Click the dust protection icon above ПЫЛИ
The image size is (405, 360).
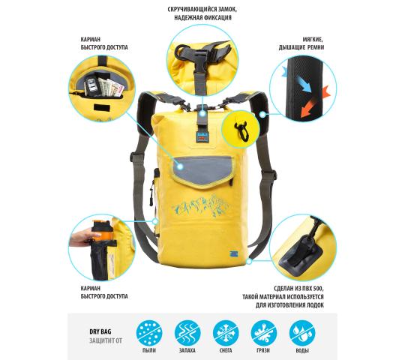(149, 333)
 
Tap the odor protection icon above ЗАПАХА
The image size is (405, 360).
(187, 333)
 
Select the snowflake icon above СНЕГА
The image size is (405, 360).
(226, 333)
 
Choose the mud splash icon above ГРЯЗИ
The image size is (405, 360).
(264, 333)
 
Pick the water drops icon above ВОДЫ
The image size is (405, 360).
(302, 333)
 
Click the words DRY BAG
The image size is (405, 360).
(100, 331)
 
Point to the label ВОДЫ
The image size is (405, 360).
(302, 350)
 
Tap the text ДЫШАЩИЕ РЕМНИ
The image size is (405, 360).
(301, 47)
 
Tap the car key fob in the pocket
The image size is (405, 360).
(91, 85)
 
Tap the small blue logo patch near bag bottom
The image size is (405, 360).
(233, 253)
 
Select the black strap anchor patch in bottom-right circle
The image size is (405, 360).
(301, 253)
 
